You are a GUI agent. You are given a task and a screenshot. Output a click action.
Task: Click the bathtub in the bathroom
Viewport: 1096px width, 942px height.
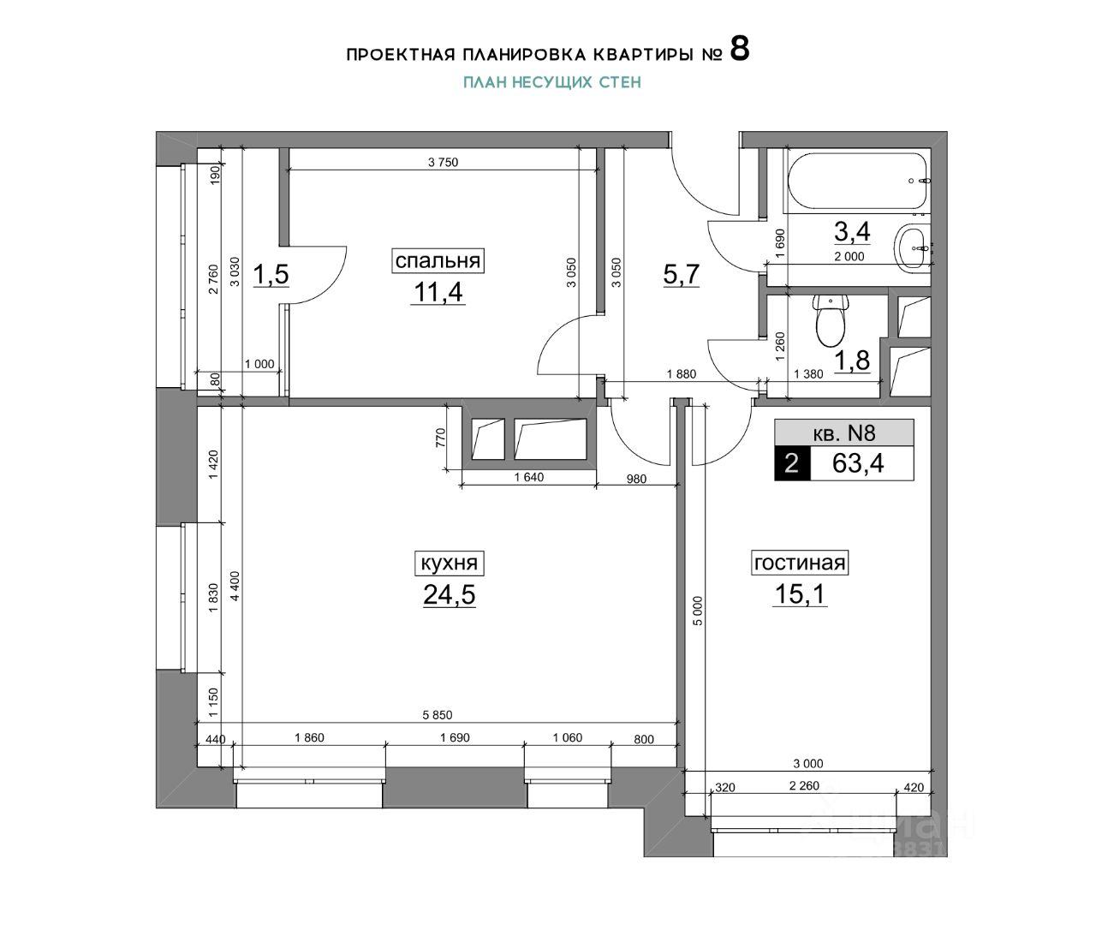858,182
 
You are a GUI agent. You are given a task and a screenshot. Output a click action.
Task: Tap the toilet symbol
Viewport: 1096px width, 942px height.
831,321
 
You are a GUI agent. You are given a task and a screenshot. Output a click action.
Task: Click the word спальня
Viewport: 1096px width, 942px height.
438,261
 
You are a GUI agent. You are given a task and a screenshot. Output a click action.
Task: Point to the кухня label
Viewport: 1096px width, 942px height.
450,563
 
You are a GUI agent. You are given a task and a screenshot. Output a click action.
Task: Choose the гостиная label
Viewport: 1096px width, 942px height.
800,563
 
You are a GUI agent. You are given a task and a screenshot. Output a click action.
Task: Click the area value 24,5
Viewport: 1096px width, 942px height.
450,594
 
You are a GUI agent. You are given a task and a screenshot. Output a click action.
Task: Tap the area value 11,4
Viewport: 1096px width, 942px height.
438,292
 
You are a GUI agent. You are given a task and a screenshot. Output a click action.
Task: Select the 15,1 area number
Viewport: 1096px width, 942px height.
800,593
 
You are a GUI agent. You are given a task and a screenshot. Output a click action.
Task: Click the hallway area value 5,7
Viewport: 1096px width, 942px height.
682,274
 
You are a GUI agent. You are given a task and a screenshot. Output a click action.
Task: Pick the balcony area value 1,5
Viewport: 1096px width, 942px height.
271,274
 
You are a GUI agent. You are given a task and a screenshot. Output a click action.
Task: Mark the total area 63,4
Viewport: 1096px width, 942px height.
858,463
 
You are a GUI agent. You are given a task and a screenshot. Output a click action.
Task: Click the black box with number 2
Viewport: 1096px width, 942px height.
792,463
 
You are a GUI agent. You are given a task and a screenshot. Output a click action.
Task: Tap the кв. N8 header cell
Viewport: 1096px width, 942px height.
844,432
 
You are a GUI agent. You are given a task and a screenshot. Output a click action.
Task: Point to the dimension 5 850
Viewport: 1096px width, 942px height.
438,715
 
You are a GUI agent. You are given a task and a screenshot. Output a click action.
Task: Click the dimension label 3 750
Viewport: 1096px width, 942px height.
444,163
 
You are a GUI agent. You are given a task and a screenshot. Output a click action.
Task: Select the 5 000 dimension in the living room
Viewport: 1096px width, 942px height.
697,611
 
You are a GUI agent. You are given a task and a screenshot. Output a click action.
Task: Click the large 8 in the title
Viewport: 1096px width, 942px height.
740,50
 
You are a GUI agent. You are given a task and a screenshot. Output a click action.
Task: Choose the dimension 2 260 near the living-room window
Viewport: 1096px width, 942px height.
804,786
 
